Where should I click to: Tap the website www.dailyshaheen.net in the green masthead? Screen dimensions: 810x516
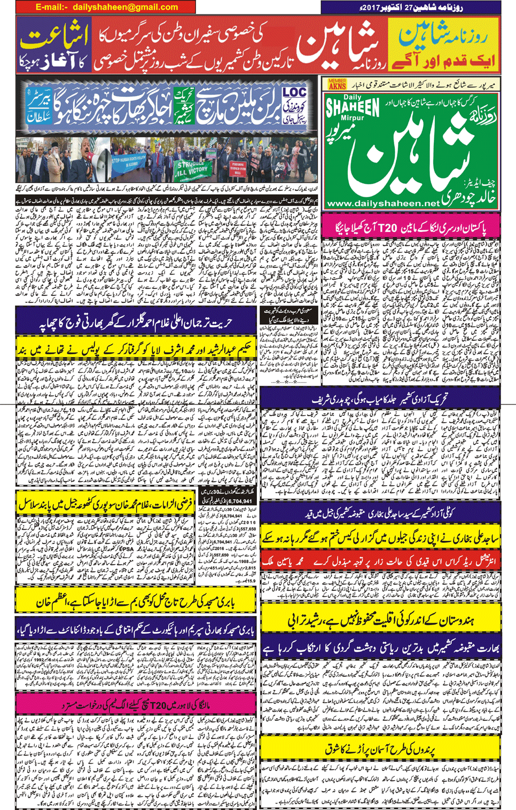[382, 204]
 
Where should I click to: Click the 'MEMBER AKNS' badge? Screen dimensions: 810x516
[338, 84]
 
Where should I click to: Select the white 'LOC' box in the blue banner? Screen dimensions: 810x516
[294, 94]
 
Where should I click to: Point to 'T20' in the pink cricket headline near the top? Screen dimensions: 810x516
[388, 228]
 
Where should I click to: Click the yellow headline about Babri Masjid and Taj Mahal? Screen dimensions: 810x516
[136, 601]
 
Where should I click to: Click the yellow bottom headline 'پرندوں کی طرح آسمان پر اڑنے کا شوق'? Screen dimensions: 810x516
[380, 750]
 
